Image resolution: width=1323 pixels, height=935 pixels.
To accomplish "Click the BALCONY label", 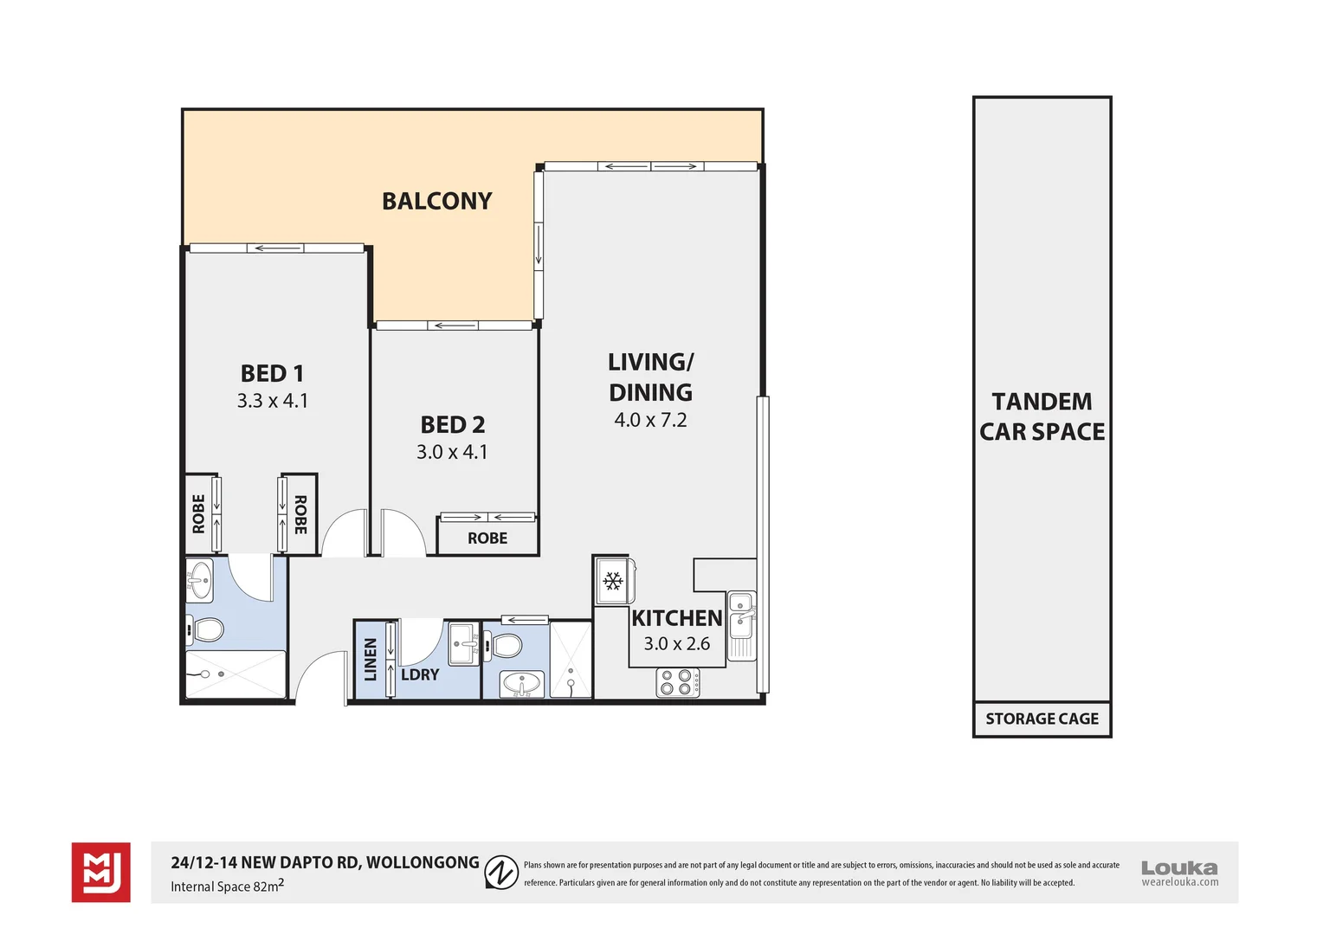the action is (436, 201).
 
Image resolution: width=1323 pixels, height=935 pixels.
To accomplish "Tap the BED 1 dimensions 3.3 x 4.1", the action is (272, 401).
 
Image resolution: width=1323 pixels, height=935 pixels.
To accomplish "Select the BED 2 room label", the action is (453, 425).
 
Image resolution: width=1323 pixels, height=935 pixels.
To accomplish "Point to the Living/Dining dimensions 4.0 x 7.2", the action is (650, 420).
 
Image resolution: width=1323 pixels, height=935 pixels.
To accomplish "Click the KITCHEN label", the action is (677, 618).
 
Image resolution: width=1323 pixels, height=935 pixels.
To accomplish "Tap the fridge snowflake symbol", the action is (613, 581).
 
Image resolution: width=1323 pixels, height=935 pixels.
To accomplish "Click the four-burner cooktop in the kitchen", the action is (677, 682).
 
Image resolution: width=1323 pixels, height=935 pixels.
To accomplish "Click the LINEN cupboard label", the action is (371, 659).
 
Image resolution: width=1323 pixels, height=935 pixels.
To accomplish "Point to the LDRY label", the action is (420, 674).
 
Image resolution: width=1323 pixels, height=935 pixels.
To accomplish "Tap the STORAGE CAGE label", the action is (1042, 719).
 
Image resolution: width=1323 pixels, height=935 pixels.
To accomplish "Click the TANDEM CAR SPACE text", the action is (1042, 416).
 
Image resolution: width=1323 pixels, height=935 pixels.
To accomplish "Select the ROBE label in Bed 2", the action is (487, 538).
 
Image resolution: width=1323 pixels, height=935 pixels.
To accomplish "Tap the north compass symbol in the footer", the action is (501, 872).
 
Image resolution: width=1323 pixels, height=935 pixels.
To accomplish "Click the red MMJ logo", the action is (101, 872).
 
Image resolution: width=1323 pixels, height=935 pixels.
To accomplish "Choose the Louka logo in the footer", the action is (1179, 873).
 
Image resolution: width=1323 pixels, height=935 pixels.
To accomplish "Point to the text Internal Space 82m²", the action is (228, 886).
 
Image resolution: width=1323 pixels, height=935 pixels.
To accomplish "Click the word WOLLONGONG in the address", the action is (423, 862).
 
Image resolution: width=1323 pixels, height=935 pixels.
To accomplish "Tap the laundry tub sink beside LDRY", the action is (463, 644).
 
